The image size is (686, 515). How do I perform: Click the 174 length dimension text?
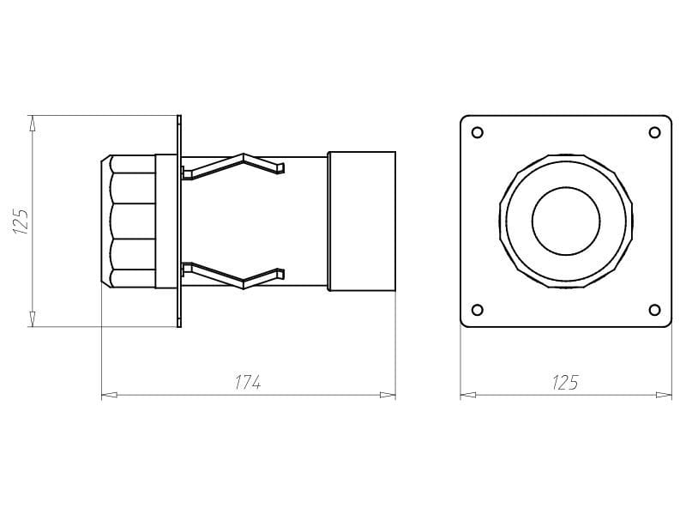pos(248,382)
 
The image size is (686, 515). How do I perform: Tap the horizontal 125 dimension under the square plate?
pos(565,382)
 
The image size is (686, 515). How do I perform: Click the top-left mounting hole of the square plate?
pos(478,132)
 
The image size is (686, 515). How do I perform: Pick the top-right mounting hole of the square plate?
pos(654,132)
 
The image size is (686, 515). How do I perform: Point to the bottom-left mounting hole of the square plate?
pos(478,310)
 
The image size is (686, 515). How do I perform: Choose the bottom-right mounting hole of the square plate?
pos(654,310)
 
